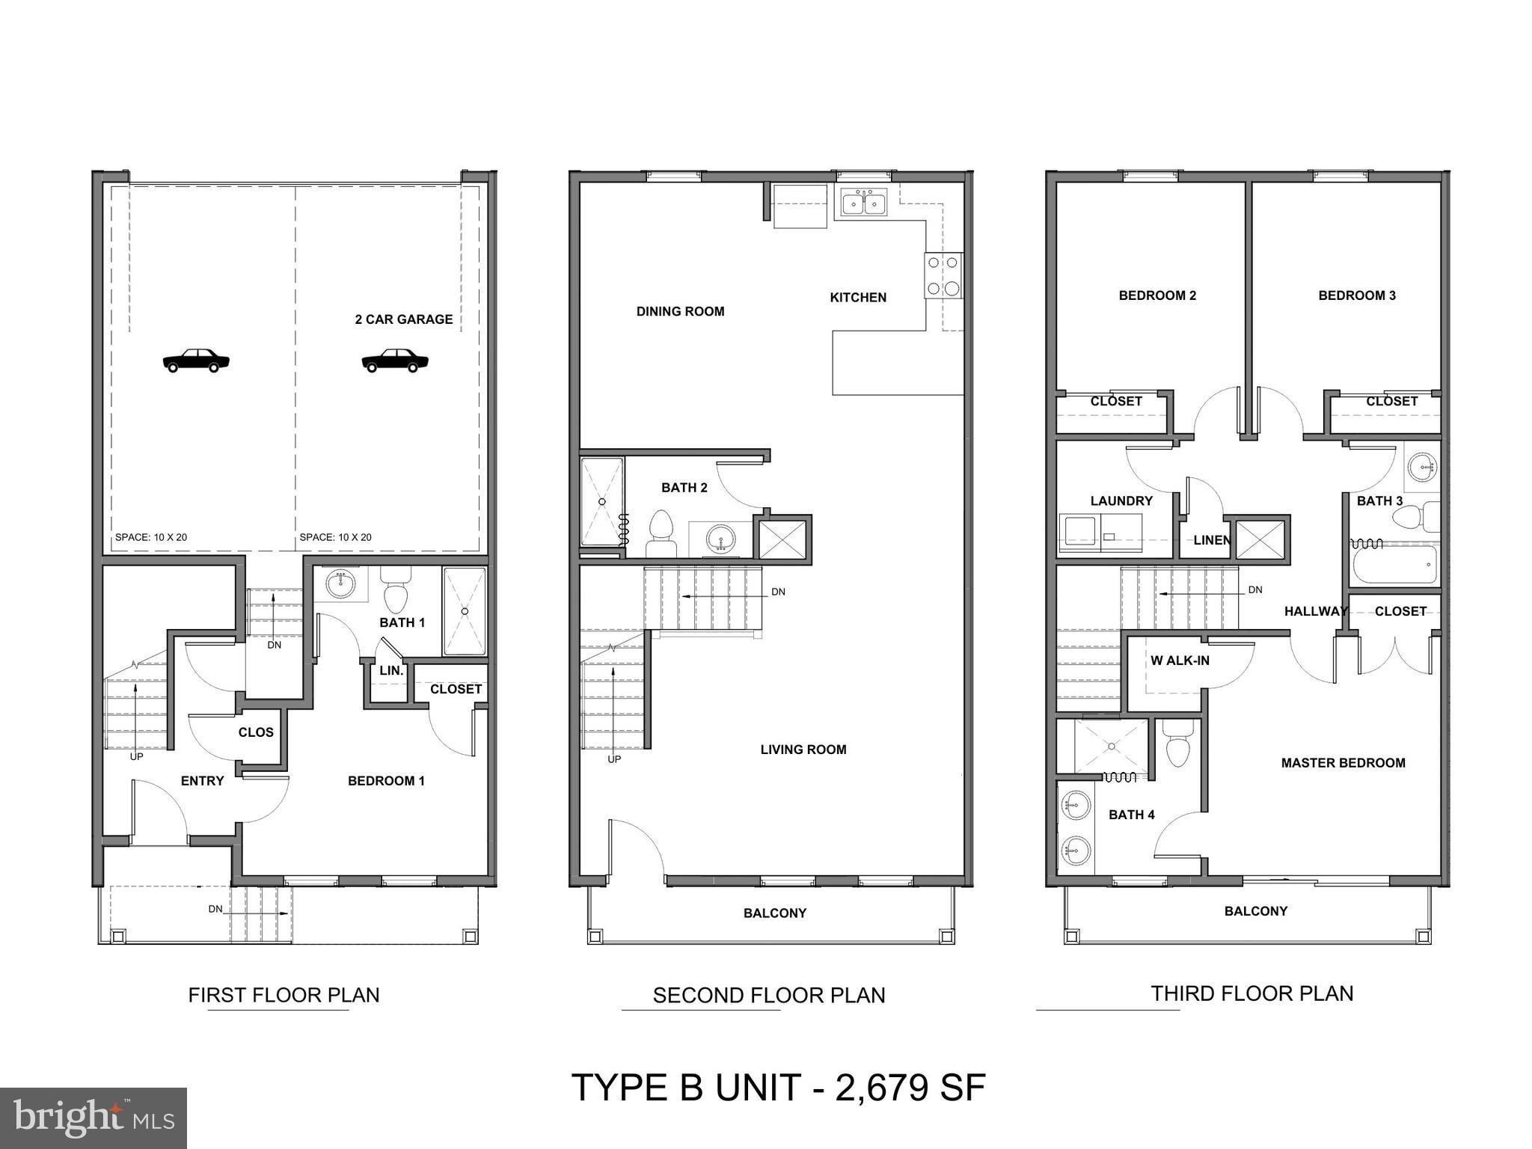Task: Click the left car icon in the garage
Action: (x=196, y=361)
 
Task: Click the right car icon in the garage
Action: (x=395, y=361)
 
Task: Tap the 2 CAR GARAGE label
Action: (x=404, y=319)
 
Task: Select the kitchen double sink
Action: (x=864, y=202)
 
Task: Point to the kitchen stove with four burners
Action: (x=944, y=275)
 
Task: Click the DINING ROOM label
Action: (x=680, y=311)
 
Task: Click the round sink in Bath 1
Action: (x=341, y=583)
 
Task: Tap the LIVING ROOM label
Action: (x=803, y=750)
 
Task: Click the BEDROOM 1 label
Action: (x=386, y=781)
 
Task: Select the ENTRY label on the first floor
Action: (x=202, y=781)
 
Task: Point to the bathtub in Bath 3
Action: (x=1394, y=566)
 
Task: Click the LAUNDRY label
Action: (x=1121, y=501)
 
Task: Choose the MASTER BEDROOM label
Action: (x=1343, y=763)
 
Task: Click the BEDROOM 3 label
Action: (x=1357, y=295)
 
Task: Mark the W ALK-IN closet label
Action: (x=1180, y=661)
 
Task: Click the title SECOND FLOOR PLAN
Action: (x=769, y=996)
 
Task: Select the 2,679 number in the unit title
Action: (x=879, y=1088)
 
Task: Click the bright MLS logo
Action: (x=94, y=1118)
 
